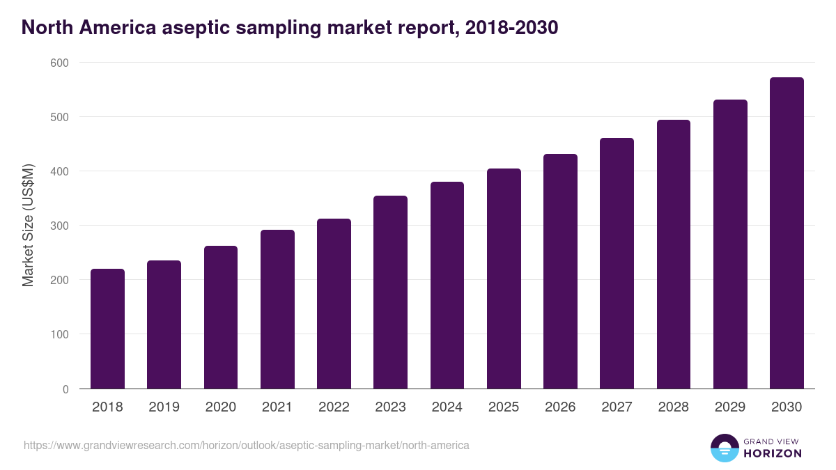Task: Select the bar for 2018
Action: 107,329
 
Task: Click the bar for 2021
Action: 277,309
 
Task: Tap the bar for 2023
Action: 390,292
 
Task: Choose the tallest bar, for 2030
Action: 787,233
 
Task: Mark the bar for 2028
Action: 674,254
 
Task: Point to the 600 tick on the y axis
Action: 59,63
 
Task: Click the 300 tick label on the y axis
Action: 59,226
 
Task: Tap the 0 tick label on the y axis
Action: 65,389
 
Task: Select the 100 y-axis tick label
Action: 59,334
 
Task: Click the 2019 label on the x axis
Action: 164,407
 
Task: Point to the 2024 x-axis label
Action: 447,407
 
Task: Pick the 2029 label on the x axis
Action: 730,407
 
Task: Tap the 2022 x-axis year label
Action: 334,407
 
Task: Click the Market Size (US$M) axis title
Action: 28,226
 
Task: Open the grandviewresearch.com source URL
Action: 246,445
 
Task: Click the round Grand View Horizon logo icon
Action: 724,448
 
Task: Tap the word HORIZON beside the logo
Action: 773,453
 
